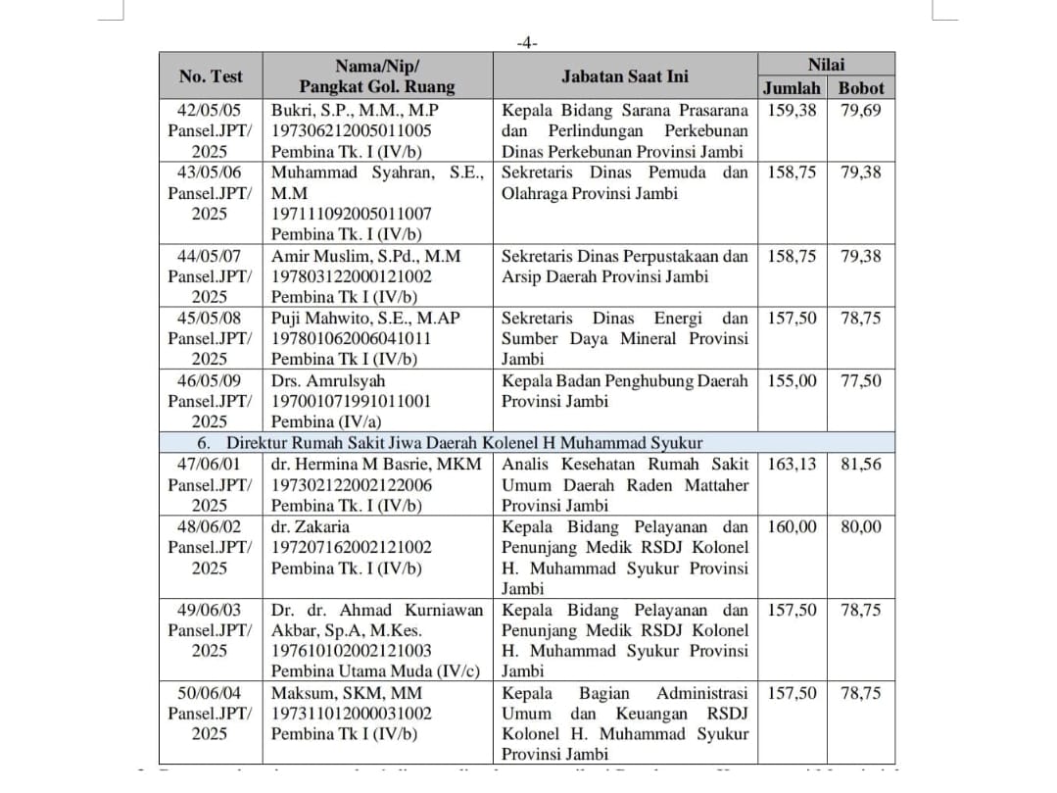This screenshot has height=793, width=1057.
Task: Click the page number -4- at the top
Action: coord(527,43)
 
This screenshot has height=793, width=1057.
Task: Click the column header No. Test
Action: coord(211,75)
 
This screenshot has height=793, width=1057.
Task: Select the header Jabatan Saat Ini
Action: coord(624,75)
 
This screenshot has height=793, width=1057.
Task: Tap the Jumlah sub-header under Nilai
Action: coord(792,87)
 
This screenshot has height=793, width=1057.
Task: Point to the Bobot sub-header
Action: coord(861,87)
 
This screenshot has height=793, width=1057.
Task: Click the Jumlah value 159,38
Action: coord(792,110)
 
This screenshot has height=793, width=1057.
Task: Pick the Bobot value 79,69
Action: coord(861,110)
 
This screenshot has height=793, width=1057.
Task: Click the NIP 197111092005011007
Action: coord(352,214)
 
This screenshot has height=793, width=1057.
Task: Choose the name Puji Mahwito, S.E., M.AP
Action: coord(365,318)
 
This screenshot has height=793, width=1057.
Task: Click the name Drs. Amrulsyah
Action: coord(328,380)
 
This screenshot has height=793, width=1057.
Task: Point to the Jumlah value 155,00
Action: coord(792,380)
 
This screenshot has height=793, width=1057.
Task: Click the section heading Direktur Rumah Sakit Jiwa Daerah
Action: coord(464,443)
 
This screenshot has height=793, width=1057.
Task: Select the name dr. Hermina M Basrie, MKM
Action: coord(376,464)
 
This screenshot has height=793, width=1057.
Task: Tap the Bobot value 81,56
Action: coord(861,464)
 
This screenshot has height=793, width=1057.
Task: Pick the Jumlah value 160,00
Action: coord(792,526)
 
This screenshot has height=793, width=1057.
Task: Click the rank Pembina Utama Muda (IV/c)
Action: coord(376,671)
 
